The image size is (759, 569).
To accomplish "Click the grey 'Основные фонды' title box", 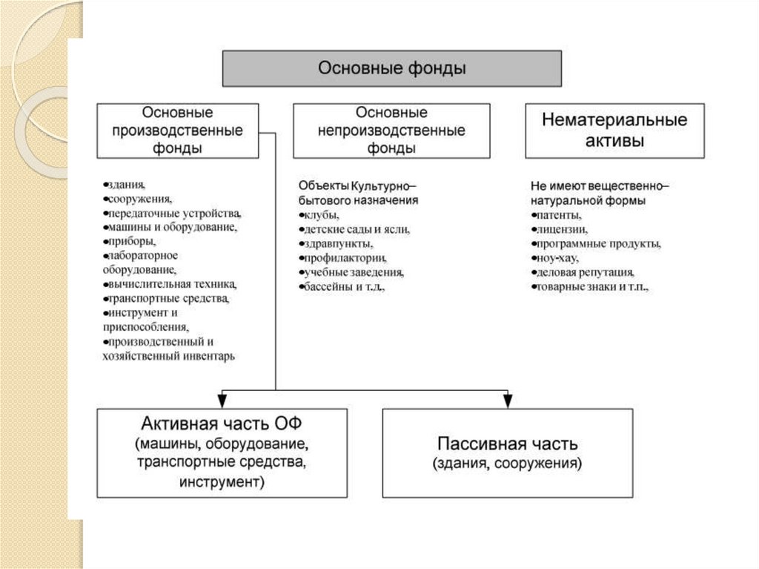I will [x=392, y=69].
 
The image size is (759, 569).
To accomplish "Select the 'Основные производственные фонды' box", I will [x=177, y=131].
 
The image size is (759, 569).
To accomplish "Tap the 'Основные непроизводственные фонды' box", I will [x=391, y=131].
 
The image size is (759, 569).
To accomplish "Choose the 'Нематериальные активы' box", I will [x=614, y=131].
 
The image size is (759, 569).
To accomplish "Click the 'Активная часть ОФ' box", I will [x=222, y=453].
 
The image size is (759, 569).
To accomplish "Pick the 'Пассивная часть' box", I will [x=507, y=453].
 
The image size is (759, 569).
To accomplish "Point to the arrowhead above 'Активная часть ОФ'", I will [x=222, y=401].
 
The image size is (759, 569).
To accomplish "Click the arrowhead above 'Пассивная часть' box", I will [x=508, y=401].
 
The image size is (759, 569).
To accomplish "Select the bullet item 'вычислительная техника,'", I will [x=170, y=284].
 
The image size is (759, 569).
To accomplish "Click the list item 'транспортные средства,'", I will [x=168, y=298].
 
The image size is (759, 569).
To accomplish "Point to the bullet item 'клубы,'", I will [x=320, y=215].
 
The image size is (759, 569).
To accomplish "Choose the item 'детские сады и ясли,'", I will [x=355, y=229].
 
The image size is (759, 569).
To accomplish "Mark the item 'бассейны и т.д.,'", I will [x=345, y=286].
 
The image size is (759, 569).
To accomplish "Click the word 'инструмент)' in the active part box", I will [x=222, y=481].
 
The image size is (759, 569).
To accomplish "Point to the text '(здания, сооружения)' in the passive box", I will [x=507, y=464].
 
